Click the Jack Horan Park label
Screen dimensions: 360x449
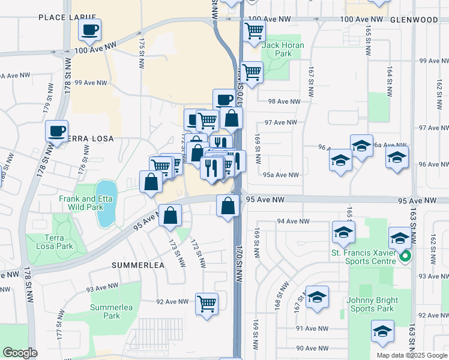click(x=283, y=49)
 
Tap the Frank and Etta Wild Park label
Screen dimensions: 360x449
click(x=85, y=203)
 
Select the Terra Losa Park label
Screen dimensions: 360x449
click(x=53, y=242)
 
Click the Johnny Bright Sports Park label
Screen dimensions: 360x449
click(x=370, y=304)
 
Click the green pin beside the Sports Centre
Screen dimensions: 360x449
click(x=405, y=257)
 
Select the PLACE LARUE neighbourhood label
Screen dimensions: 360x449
click(x=68, y=17)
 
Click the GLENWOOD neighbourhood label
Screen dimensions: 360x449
click(x=414, y=20)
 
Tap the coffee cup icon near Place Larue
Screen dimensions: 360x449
click(x=90, y=29)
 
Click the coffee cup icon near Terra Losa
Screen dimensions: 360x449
click(x=57, y=131)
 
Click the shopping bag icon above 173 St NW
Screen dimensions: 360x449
click(x=170, y=216)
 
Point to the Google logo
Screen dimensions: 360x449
click(x=20, y=353)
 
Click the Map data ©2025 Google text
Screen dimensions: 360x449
click(x=411, y=355)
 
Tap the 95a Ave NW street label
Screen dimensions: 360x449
click(x=280, y=175)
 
